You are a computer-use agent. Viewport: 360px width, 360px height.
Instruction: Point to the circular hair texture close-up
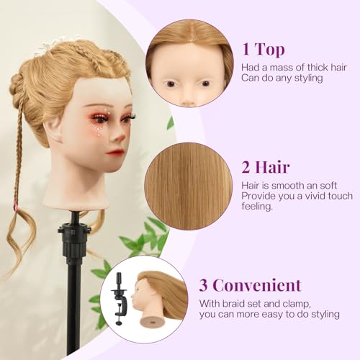[x=189, y=185]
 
